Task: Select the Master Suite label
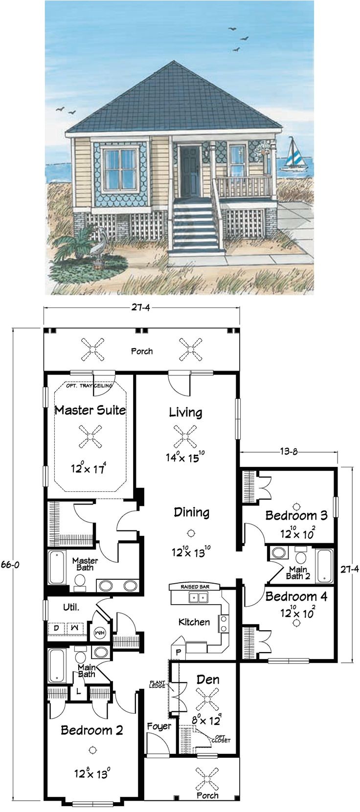coord(90,410)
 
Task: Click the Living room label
coord(185,412)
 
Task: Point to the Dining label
coord(191,512)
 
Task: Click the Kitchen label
coord(194,622)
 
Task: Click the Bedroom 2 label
coord(91,730)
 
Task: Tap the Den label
coord(208,680)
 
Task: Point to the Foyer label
coord(159,726)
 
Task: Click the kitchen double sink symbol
coord(199,597)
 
